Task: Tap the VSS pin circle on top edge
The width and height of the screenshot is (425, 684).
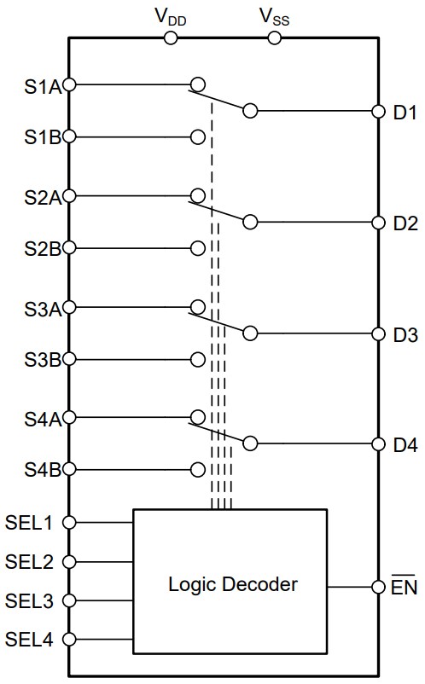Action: click(275, 38)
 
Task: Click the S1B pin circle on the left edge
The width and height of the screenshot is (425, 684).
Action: click(69, 136)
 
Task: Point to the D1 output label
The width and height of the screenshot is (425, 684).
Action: click(405, 112)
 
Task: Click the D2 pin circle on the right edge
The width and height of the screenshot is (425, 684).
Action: click(379, 223)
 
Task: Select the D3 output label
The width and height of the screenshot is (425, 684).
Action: click(405, 334)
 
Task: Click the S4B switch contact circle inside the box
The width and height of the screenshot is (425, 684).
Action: click(198, 469)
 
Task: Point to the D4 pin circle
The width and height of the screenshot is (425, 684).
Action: click(379, 444)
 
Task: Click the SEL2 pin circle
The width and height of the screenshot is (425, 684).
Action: click(69, 562)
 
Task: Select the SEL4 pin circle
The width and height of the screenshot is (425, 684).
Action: click(69, 639)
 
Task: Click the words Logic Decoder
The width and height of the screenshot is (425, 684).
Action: click(232, 585)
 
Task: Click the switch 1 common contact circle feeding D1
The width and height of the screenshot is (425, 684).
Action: click(250, 111)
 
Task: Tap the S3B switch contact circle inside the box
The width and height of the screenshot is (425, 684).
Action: click(198, 358)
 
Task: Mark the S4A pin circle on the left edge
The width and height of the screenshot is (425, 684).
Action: click(69, 418)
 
